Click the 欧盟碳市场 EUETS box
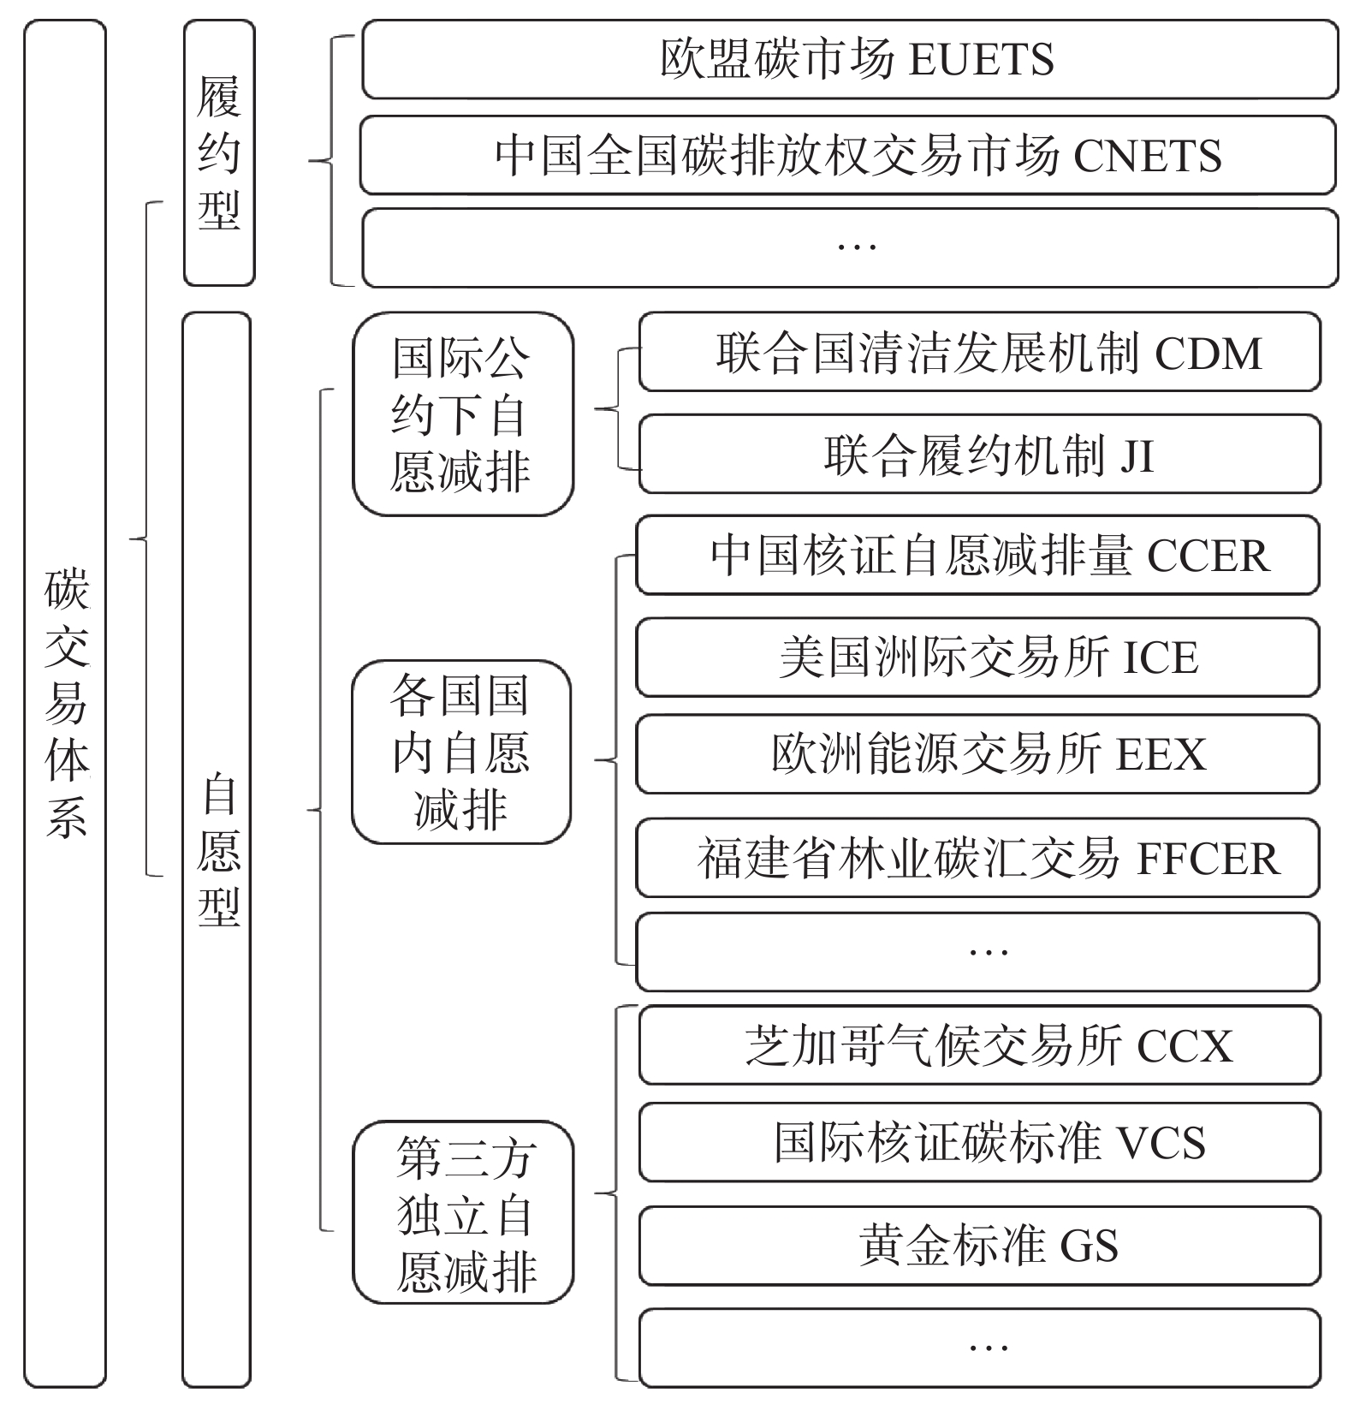point(849,59)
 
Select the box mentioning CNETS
point(847,155)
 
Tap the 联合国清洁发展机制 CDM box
point(979,352)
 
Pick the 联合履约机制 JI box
point(979,454)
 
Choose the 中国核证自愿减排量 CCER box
point(977,555)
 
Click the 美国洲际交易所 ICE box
point(977,657)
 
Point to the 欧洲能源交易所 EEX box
point(977,754)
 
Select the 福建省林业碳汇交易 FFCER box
point(977,858)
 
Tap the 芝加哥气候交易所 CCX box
point(979,1045)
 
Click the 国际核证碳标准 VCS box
point(979,1142)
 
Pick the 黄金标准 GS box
point(979,1246)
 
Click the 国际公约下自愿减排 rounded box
point(463,414)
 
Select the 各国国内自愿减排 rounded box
point(461,752)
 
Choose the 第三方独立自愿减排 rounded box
point(463,1212)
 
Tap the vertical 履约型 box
point(219,153)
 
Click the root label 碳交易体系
point(66,702)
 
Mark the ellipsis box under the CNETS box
point(849,247)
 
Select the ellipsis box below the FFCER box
point(977,952)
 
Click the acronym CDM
point(1208,354)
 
